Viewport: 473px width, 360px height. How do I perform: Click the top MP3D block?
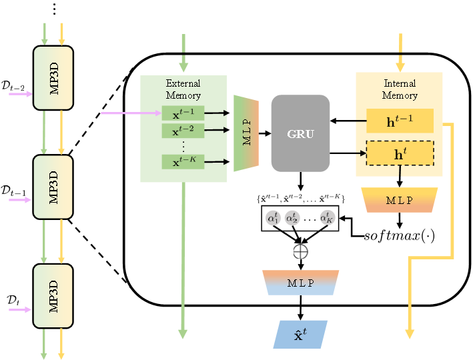pyautogui.click(x=53, y=78)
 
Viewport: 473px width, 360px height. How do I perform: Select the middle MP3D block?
pyautogui.click(x=53, y=187)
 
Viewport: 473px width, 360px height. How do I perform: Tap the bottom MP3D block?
pyautogui.click(x=53, y=296)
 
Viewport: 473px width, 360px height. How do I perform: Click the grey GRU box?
pyautogui.click(x=300, y=133)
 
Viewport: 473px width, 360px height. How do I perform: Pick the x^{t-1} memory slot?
pyautogui.click(x=183, y=113)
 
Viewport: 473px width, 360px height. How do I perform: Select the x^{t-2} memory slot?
pyautogui.click(x=183, y=130)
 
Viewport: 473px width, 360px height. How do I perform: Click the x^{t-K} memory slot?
pyautogui.click(x=183, y=161)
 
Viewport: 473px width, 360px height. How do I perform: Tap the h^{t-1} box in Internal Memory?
pyautogui.click(x=400, y=121)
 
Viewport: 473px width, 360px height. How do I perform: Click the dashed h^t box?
pyautogui.click(x=400, y=153)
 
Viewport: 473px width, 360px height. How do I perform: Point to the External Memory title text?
pyautogui.click(x=183, y=89)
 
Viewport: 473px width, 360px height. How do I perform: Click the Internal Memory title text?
pyautogui.click(x=400, y=89)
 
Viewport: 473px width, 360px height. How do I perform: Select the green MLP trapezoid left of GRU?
pyautogui.click(x=246, y=133)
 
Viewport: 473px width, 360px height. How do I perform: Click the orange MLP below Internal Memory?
pyautogui.click(x=399, y=200)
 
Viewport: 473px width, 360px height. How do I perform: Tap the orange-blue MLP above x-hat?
pyautogui.click(x=300, y=283)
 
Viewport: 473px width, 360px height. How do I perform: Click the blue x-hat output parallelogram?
pyautogui.click(x=300, y=335)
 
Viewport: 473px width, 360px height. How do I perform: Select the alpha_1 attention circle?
pyautogui.click(x=274, y=217)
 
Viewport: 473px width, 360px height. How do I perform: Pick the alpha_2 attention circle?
pyautogui.click(x=292, y=217)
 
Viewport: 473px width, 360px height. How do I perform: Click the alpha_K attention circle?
pyautogui.click(x=327, y=217)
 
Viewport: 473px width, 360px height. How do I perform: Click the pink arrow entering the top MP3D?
pyautogui.click(x=20, y=94)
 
